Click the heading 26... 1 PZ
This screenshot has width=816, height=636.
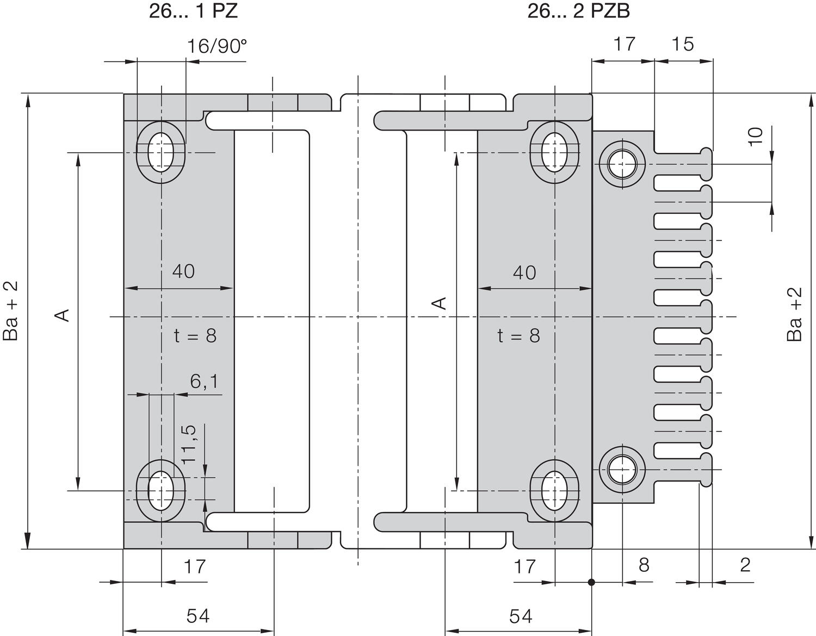(x=193, y=11)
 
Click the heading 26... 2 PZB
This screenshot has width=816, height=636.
(x=578, y=11)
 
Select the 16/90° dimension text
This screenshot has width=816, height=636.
(x=217, y=47)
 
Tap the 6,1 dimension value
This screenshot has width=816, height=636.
(x=205, y=381)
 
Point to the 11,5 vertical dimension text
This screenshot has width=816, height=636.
(x=188, y=444)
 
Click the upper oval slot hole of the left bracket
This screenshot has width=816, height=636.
(x=160, y=152)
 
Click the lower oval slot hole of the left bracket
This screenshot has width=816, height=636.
(x=160, y=490)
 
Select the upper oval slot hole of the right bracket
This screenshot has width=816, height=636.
(x=554, y=152)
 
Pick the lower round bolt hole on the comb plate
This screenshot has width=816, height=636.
(x=622, y=469)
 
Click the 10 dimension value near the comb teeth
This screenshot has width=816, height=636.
(x=756, y=136)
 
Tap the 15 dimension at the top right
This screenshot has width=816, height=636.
(x=682, y=44)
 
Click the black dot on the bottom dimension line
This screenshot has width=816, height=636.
(x=591, y=582)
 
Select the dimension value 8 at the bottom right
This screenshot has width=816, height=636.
(x=644, y=565)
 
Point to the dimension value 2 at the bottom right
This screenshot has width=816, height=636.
(x=745, y=565)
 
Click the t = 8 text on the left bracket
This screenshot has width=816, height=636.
(x=195, y=336)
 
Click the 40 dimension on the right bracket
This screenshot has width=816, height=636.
(x=524, y=272)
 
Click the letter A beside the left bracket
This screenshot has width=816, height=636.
(x=64, y=314)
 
